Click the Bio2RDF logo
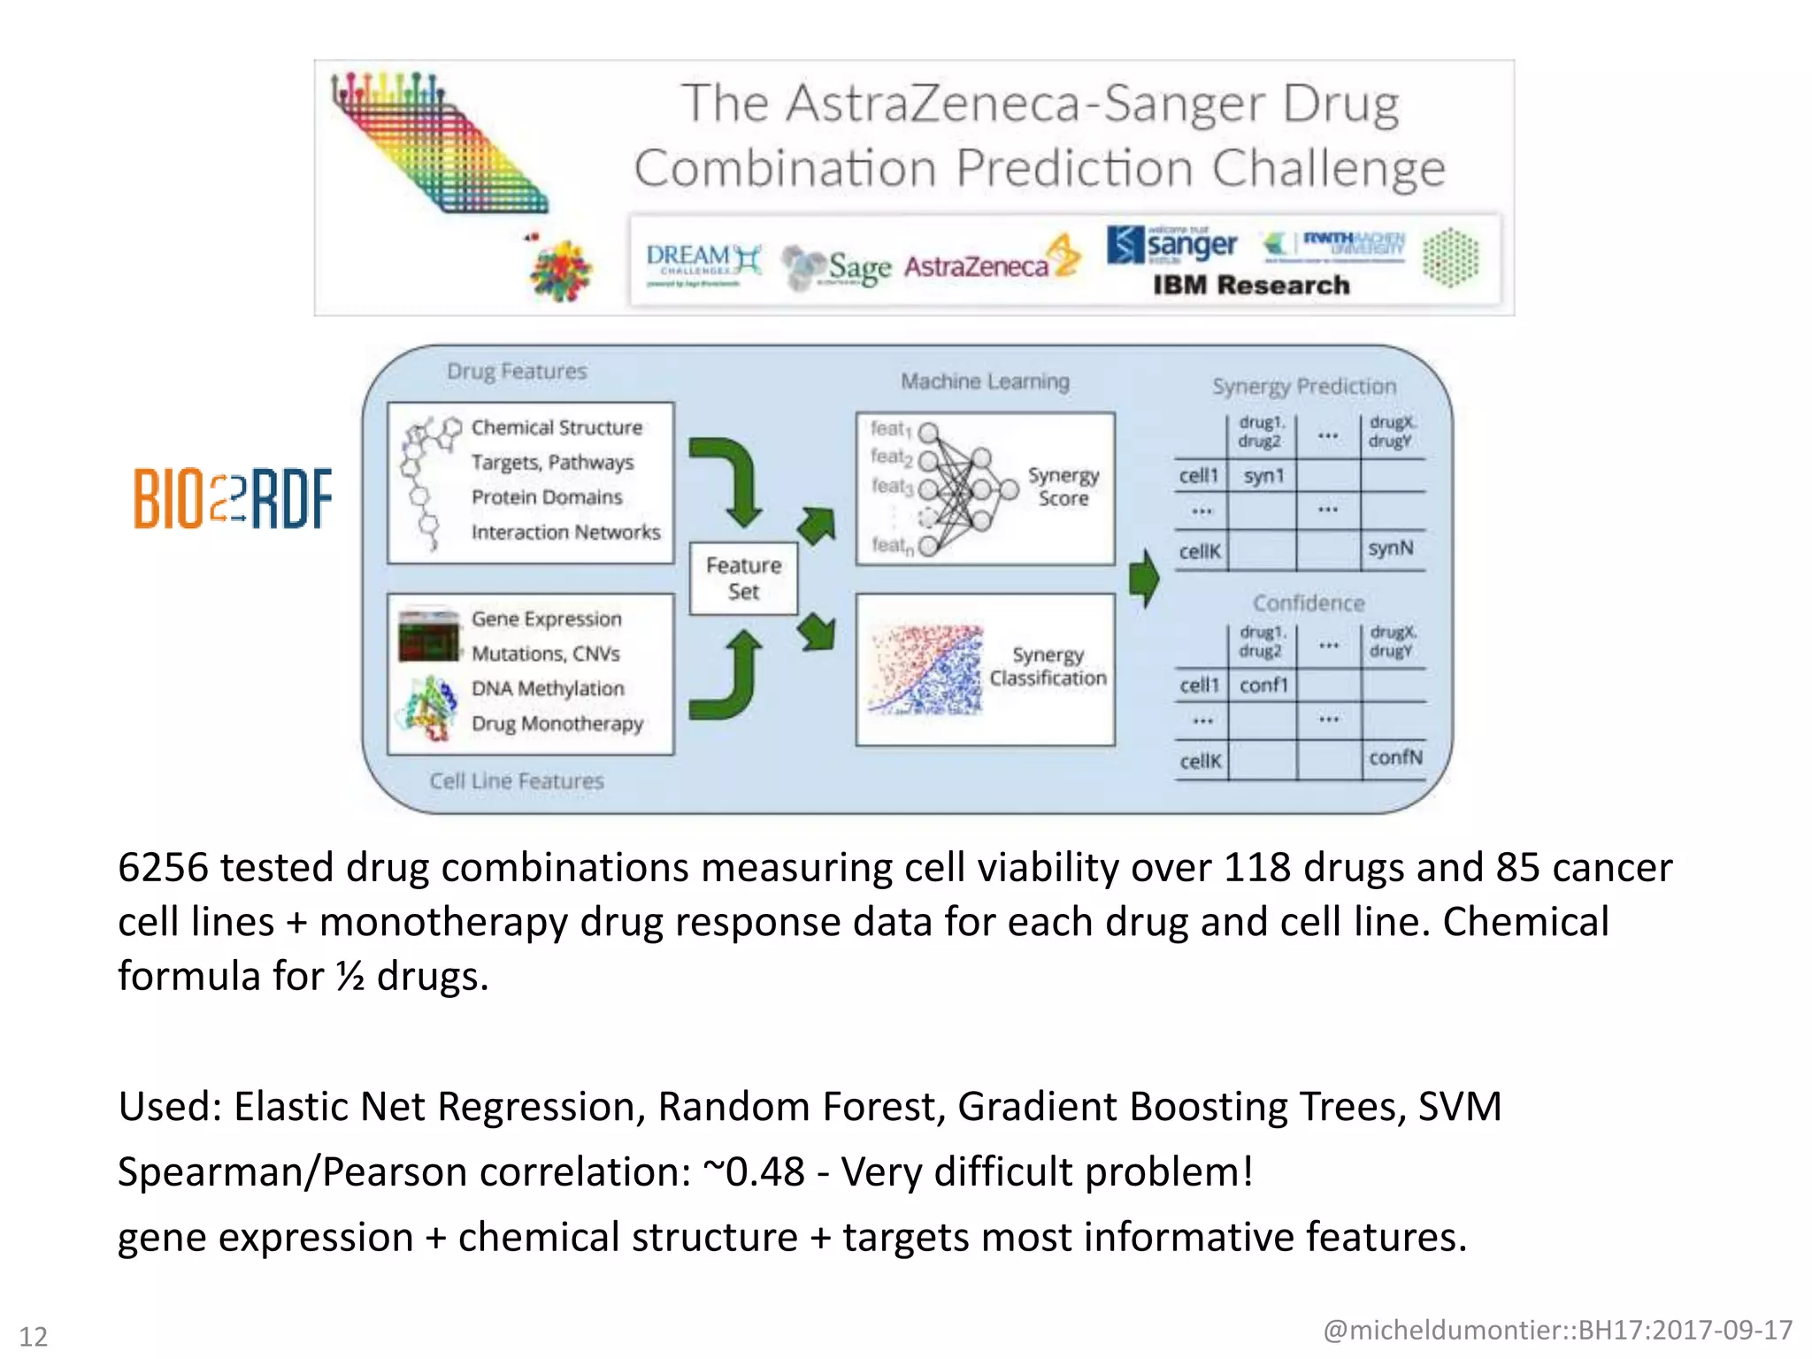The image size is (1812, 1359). click(233, 498)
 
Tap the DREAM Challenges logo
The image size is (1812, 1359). click(703, 264)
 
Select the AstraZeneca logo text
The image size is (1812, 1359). click(976, 266)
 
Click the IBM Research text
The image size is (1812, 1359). click(1250, 285)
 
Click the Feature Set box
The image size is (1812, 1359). click(743, 579)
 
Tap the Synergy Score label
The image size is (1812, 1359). click(1063, 487)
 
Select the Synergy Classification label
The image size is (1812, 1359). click(1048, 666)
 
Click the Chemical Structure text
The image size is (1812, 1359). click(557, 427)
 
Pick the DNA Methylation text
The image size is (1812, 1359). click(548, 688)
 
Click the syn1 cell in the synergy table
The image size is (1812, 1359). click(1263, 476)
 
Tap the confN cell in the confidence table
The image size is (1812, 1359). click(1394, 757)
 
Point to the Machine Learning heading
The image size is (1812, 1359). click(985, 381)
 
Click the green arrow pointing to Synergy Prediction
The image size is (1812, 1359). click(1144, 579)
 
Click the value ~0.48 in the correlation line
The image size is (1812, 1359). click(754, 1171)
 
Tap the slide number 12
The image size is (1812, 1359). click(34, 1336)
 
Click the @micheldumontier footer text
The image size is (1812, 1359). click(1557, 1330)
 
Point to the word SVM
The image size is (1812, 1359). click(1459, 1107)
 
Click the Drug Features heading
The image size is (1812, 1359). click(517, 372)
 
